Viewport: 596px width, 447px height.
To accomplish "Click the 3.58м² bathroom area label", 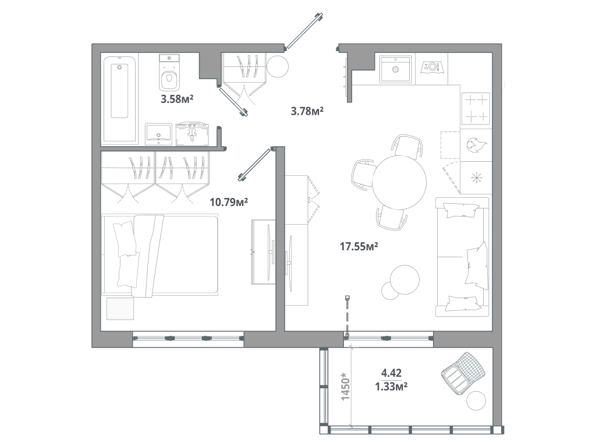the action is pyautogui.click(x=177, y=100).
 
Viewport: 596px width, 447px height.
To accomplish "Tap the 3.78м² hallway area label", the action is pyautogui.click(x=307, y=111).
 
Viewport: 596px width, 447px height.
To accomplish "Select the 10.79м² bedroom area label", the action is pyautogui.click(x=229, y=202).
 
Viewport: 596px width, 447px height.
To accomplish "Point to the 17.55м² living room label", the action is pyautogui.click(x=359, y=247).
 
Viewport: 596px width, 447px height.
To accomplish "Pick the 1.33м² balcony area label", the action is pyautogui.click(x=391, y=387).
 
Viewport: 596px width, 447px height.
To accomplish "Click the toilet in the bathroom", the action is pyautogui.click(x=169, y=72).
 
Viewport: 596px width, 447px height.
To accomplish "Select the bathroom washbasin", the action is pyautogui.click(x=158, y=134).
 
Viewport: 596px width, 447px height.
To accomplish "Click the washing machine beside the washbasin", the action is pyautogui.click(x=192, y=134).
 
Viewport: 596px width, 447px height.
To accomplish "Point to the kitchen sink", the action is pyautogui.click(x=395, y=69).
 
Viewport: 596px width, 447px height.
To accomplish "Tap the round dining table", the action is pyautogui.click(x=399, y=182).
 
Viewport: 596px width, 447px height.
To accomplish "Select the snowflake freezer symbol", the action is pyautogui.click(x=476, y=177).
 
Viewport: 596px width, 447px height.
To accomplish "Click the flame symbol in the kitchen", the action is pyautogui.click(x=475, y=145).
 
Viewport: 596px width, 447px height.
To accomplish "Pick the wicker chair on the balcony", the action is pyautogui.click(x=464, y=373).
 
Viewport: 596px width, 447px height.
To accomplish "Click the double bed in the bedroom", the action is pyautogui.click(x=160, y=256).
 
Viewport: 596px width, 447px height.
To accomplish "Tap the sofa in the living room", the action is pyautogui.click(x=462, y=257).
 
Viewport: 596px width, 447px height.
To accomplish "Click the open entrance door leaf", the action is pyautogui.click(x=304, y=31).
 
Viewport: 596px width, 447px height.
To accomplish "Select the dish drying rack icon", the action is pyautogui.click(x=431, y=68).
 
